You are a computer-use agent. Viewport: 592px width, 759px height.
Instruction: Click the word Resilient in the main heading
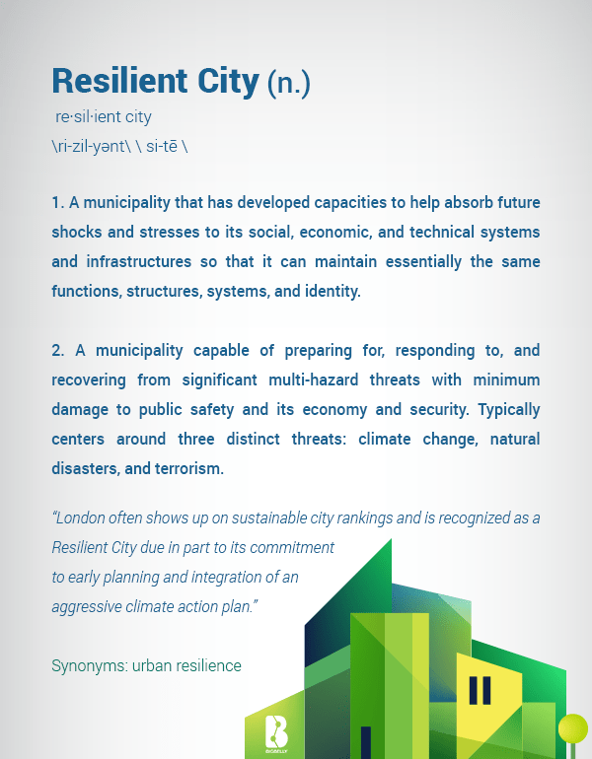[119, 81]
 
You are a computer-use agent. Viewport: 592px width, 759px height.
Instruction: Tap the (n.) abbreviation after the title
[289, 83]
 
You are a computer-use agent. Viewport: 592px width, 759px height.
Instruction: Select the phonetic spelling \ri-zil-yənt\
[91, 146]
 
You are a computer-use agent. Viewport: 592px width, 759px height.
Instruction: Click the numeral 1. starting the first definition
[58, 202]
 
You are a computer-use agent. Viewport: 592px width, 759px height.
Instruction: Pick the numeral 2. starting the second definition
[58, 351]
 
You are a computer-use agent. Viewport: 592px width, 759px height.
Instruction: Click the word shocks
[77, 232]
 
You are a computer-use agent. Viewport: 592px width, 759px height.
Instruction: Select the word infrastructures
[139, 262]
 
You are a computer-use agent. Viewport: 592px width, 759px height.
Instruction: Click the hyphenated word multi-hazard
[314, 379]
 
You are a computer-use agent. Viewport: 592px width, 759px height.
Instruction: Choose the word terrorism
[188, 468]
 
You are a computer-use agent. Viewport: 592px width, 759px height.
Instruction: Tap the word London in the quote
[79, 517]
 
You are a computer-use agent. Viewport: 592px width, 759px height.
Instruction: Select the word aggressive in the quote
[87, 607]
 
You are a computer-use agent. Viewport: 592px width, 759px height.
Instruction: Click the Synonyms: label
[90, 666]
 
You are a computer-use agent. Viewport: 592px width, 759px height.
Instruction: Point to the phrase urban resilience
[186, 665]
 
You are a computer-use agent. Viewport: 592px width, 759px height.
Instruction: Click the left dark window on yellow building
[473, 690]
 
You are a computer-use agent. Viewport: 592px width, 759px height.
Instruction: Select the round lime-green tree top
[573, 728]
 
